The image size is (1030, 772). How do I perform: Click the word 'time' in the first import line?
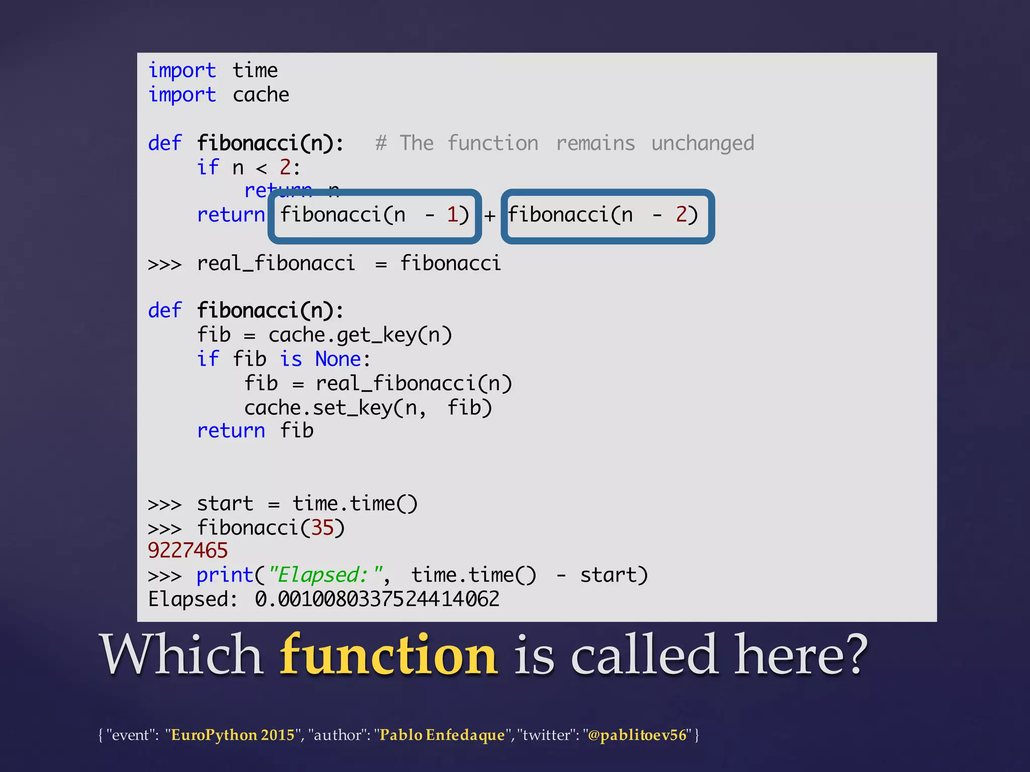tap(255, 70)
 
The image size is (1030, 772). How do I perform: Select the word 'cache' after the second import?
tap(261, 95)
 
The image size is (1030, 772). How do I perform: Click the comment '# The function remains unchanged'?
tap(564, 143)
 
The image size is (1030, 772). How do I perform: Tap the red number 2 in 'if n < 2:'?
tap(285, 167)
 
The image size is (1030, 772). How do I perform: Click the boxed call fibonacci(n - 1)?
tap(375, 216)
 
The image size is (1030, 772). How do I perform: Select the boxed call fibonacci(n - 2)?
tap(608, 216)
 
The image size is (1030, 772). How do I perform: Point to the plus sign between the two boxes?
tap(490, 216)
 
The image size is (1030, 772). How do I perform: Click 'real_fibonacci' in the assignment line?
tap(276, 263)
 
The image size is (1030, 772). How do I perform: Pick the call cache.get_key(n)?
tap(360, 335)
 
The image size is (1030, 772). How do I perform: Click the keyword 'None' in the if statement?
tap(338, 359)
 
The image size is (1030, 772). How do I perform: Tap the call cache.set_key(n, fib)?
tap(368, 408)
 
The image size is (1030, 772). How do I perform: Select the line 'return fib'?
tap(255, 431)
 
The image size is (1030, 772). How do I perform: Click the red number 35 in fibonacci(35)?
tap(322, 528)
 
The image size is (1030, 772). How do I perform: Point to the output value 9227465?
tap(188, 551)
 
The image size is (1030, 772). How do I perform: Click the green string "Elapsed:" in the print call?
tap(326, 575)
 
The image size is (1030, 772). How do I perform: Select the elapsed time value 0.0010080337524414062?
tap(377, 599)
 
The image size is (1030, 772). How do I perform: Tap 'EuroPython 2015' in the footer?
tap(232, 735)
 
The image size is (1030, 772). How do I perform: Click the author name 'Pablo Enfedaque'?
tap(442, 735)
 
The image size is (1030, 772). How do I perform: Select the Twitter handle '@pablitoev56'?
tap(637, 735)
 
